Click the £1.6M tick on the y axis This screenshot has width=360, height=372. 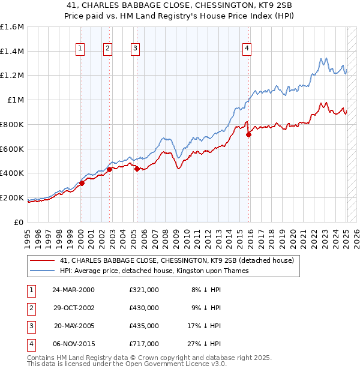tap(12, 27)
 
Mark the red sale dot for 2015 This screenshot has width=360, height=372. tap(249, 134)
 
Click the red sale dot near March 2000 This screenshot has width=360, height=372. tap(82, 183)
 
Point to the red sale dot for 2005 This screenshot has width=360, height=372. tap(137, 169)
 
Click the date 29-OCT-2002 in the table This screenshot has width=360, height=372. tap(73, 308)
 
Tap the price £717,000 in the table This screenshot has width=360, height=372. tap(144, 344)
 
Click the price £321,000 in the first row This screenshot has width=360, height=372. tap(144, 290)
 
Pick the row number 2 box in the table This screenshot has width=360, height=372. tap(31, 308)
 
